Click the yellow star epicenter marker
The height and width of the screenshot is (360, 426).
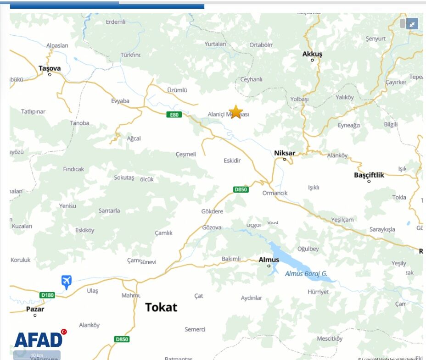(235, 112)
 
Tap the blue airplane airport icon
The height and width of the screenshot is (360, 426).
(67, 281)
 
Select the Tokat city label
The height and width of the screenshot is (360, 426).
(161, 307)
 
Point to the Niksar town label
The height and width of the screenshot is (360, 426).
(285, 153)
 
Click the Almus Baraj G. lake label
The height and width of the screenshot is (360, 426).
(306, 274)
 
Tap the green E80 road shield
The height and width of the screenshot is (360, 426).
(174, 115)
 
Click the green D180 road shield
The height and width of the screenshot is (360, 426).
(47, 295)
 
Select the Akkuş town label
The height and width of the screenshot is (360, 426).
(312, 54)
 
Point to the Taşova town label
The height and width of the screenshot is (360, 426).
(50, 68)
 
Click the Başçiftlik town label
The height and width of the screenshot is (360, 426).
(369, 175)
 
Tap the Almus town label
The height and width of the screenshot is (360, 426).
(269, 260)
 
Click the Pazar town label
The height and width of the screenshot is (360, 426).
(35, 309)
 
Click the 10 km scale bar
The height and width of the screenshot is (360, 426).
(37, 355)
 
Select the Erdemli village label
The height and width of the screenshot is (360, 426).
(115, 22)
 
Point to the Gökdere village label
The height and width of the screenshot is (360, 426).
(212, 211)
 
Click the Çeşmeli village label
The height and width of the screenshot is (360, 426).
(186, 154)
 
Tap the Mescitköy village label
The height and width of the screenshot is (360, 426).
(330, 338)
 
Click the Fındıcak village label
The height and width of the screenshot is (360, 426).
(73, 169)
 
